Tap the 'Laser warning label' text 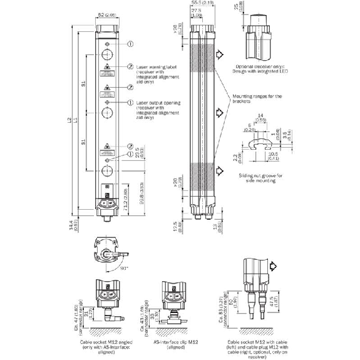[157, 66]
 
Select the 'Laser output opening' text [158, 102]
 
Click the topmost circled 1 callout [130, 44]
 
